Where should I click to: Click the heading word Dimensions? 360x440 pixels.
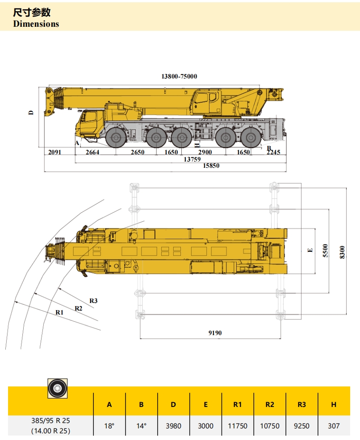coord(36,24)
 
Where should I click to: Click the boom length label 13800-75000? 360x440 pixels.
coord(179,76)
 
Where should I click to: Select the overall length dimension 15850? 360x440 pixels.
coord(211,166)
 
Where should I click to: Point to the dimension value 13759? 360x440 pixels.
coord(193,159)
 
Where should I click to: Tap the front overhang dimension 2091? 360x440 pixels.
coord(54,152)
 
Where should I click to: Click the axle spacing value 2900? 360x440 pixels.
coord(205,152)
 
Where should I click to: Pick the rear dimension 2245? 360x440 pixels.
coord(273,152)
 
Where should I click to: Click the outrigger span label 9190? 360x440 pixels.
coord(215,332)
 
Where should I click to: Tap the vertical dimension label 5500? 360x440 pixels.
coord(326,251)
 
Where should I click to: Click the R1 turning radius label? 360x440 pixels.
coord(59,313)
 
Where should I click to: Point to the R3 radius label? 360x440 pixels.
coord(93,301)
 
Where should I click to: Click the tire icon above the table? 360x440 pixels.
coord(58,389)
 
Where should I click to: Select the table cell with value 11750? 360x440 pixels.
coord(237,426)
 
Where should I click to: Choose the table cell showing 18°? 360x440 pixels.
coord(109,426)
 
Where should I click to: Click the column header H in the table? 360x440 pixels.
coord(334,405)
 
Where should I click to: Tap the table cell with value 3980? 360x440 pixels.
coord(173,426)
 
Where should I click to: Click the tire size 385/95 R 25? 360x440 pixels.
coord(50,420)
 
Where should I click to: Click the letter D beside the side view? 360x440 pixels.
coord(31,112)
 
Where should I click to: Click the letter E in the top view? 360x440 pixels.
coord(310,251)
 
